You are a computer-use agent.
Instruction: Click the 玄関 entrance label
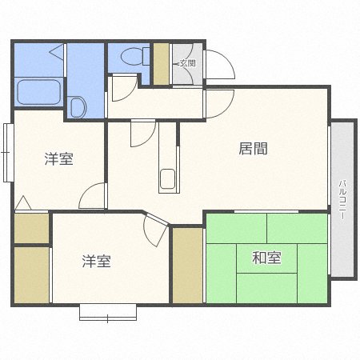[x=187, y=63]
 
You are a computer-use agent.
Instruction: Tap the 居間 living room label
[x=253, y=148]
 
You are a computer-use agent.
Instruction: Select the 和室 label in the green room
[x=266, y=258]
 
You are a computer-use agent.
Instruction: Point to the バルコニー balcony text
[x=342, y=200]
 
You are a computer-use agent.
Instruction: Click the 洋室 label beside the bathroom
[x=58, y=158]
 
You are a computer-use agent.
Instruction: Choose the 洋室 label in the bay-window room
[x=96, y=261]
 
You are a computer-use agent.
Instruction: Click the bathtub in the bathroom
[x=38, y=91]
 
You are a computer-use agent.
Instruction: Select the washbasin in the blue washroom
[x=78, y=106]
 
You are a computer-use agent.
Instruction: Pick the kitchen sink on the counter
[x=167, y=180]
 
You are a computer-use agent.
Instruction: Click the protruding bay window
[x=108, y=312]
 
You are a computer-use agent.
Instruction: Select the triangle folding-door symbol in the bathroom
[x=56, y=53]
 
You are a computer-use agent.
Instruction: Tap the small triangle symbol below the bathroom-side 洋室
[x=22, y=203]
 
